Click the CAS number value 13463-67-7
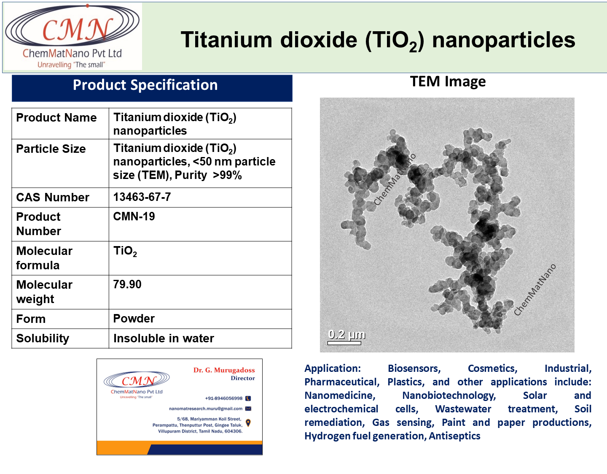(x=142, y=197)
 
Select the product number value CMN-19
(x=134, y=217)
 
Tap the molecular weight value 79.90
(x=127, y=284)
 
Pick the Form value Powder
(x=134, y=319)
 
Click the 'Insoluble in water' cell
(x=164, y=339)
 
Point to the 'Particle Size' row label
(x=51, y=149)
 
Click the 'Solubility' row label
(x=43, y=339)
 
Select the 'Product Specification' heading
(x=145, y=85)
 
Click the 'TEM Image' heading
(x=448, y=81)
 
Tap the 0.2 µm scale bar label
(x=346, y=334)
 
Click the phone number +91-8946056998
(x=224, y=398)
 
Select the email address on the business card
(x=206, y=409)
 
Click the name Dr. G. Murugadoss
(x=224, y=370)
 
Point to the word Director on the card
(x=243, y=378)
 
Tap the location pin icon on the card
(x=248, y=423)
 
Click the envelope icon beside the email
(x=248, y=409)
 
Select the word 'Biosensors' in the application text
(x=414, y=368)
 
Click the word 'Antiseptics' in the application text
(x=454, y=436)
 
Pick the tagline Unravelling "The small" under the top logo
(x=71, y=65)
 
